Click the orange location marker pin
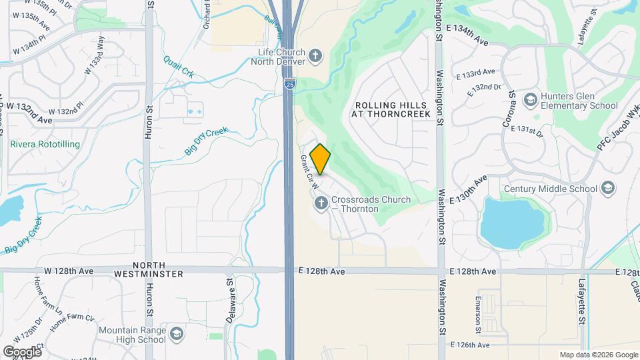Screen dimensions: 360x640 (321, 159)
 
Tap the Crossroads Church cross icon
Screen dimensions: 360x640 (321, 202)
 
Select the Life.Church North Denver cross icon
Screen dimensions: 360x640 (316, 55)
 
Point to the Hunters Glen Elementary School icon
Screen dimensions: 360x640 (531, 100)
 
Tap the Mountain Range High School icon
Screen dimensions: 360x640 (176, 333)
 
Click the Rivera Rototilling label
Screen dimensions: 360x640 (45, 144)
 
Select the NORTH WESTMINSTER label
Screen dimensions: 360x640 (148, 268)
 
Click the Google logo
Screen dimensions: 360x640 (22, 351)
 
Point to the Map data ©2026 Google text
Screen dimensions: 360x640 (598, 355)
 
